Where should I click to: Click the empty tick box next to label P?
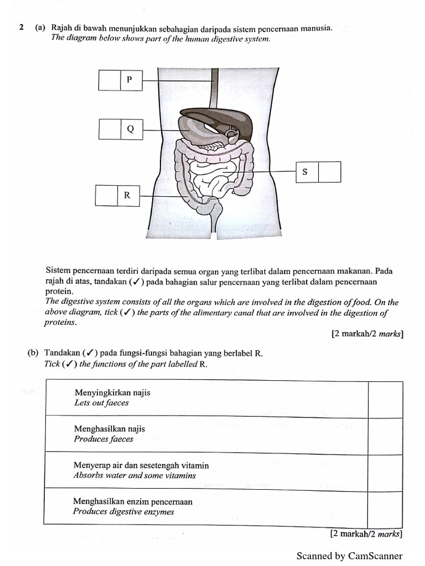tap(109, 80)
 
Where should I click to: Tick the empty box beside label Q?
tap(110, 129)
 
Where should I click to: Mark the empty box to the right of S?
tap(329, 172)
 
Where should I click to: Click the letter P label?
tap(130, 80)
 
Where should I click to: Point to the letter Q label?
tap(131, 129)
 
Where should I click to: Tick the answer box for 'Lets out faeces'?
tap(385, 399)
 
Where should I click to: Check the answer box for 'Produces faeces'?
tap(385, 436)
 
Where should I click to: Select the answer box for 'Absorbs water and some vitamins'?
tap(385, 471)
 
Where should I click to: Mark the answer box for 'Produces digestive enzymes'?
tap(385, 507)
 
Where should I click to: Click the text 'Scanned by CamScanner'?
tap(349, 556)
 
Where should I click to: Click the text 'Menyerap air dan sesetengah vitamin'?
tap(141, 466)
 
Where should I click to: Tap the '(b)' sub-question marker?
tap(33, 353)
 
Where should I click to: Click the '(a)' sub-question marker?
tap(40, 27)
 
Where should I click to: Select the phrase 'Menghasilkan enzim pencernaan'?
tap(133, 502)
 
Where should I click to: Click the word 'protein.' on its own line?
tap(59, 291)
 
